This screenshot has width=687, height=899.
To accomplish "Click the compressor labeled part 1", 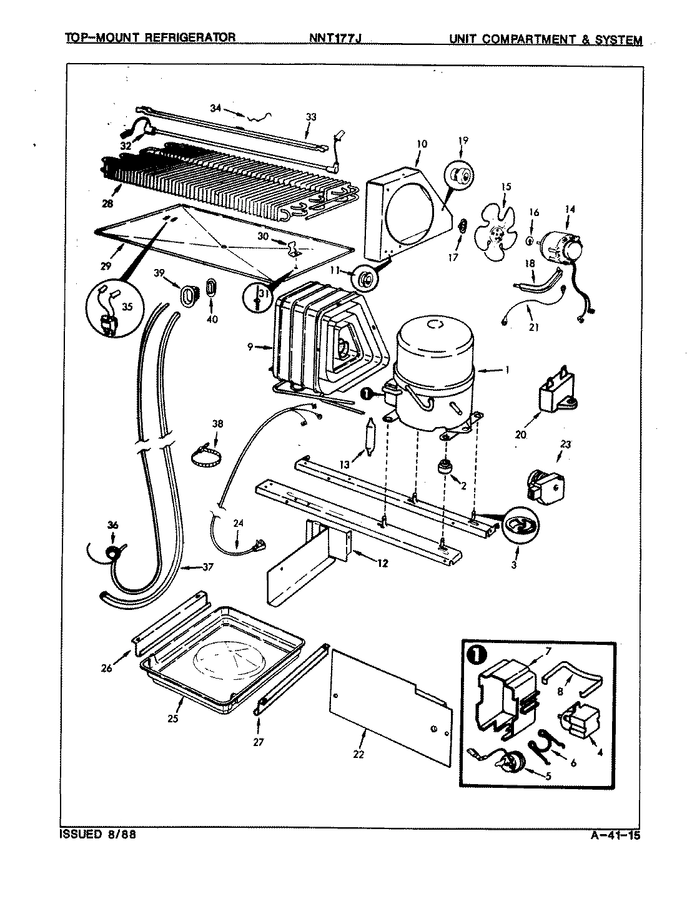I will (x=434, y=375).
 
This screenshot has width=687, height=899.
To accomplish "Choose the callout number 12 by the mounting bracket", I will (x=382, y=563).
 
